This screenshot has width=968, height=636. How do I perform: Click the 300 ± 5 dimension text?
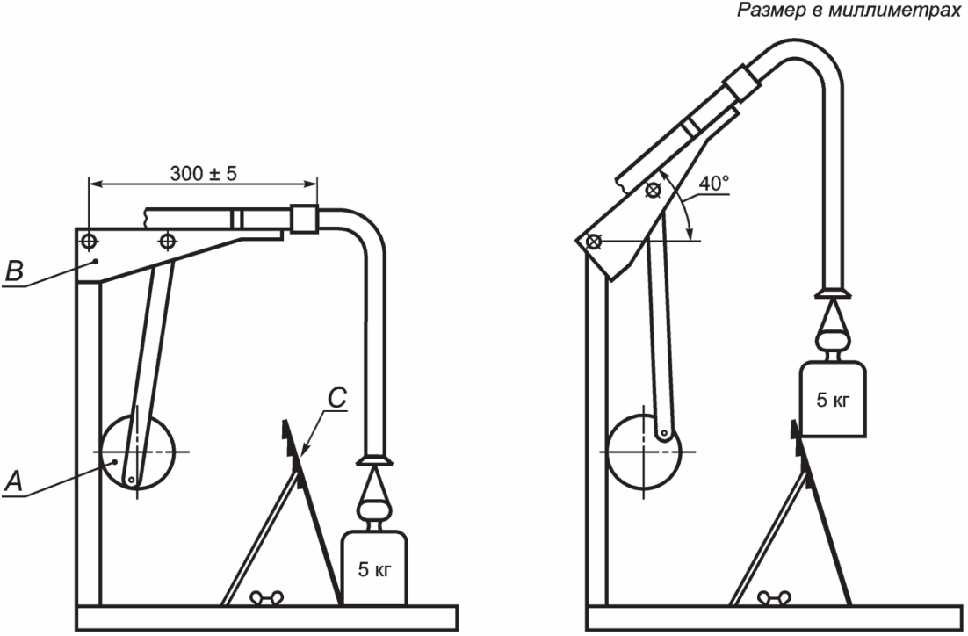[203, 174]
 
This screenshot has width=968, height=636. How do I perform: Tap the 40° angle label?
[713, 184]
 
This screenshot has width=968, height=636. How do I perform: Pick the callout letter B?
[14, 271]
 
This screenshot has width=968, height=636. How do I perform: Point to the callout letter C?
[337, 398]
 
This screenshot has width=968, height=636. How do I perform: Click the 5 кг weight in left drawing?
[374, 568]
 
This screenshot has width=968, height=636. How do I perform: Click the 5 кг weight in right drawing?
[833, 400]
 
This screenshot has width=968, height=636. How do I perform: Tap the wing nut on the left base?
[267, 597]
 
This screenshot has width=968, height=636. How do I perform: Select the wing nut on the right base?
[774, 597]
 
